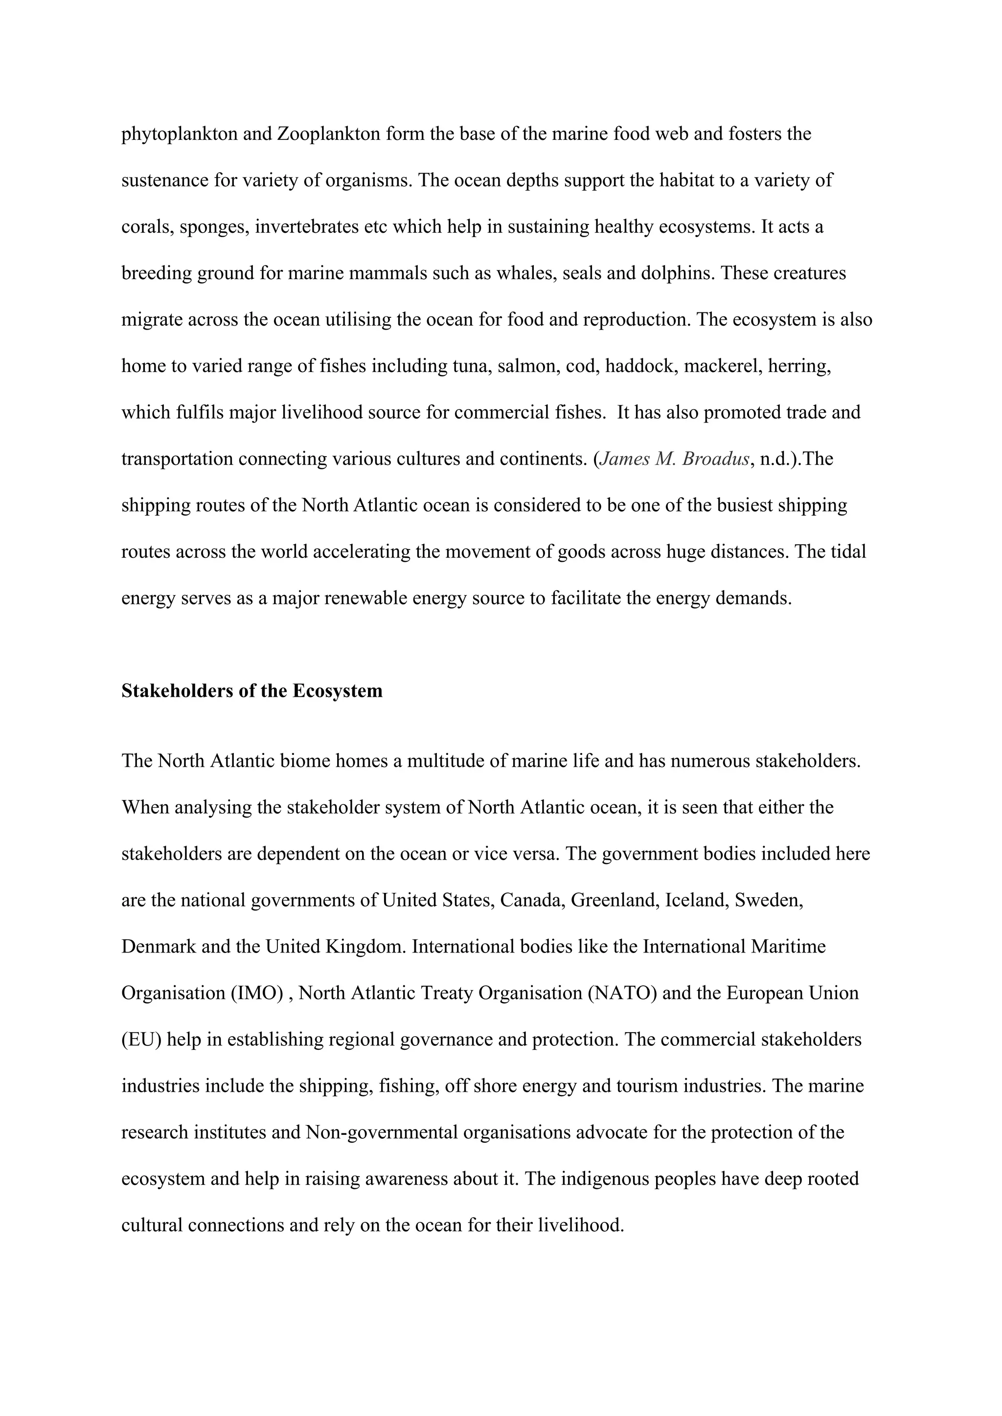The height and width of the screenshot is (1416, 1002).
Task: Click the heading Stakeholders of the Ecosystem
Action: [x=252, y=691]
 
